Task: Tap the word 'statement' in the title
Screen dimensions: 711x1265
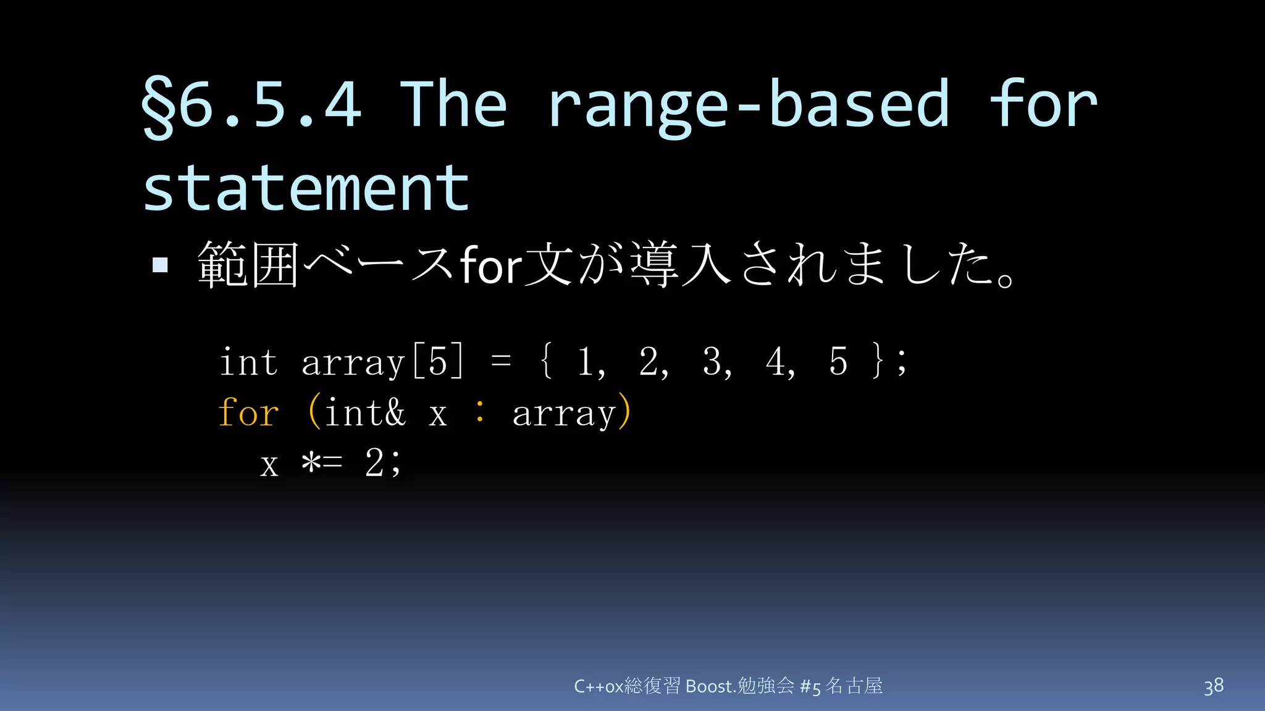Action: (x=306, y=188)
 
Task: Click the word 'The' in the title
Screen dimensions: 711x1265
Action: (x=455, y=104)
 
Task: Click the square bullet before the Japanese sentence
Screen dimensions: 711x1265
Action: (x=161, y=265)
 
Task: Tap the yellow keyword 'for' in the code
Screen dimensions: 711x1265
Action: (x=249, y=412)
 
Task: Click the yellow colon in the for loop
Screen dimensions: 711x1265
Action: (x=480, y=412)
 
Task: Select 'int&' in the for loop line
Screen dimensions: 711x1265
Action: (x=365, y=412)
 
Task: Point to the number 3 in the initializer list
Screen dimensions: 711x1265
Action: (x=713, y=362)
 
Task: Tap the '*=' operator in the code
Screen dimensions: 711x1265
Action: (x=321, y=463)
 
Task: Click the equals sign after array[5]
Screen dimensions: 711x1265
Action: (x=501, y=362)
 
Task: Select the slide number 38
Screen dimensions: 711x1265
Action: (x=1214, y=686)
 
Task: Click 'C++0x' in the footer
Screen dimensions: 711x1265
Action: (x=599, y=686)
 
